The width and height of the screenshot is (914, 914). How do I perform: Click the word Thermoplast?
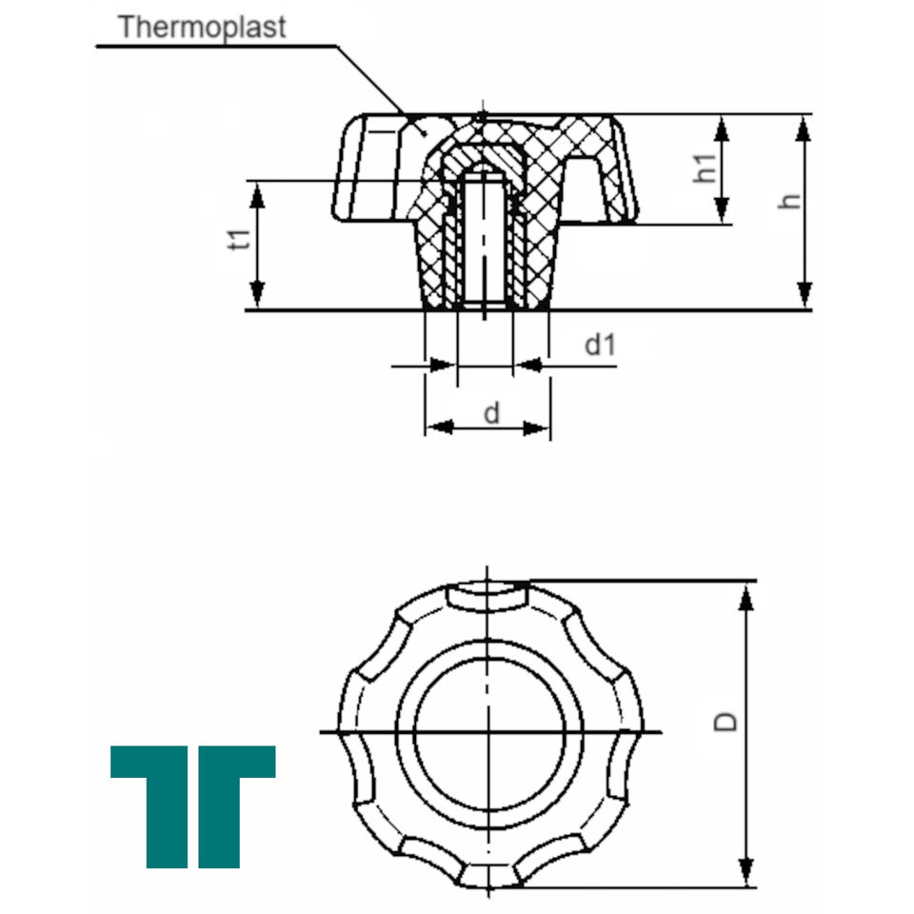tap(202, 28)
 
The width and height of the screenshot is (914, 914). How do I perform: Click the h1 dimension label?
tap(705, 169)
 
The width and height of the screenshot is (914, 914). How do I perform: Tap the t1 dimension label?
tap(239, 240)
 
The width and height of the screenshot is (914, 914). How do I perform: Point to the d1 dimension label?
tap(600, 345)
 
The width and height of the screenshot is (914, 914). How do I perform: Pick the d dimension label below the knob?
tap(491, 413)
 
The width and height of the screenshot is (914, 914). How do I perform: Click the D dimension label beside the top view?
tap(725, 722)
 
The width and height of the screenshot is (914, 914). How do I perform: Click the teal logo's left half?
tap(149, 806)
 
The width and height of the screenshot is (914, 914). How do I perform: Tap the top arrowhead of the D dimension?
tap(745, 597)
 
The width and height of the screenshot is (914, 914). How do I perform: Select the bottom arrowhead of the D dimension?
tap(745, 872)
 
